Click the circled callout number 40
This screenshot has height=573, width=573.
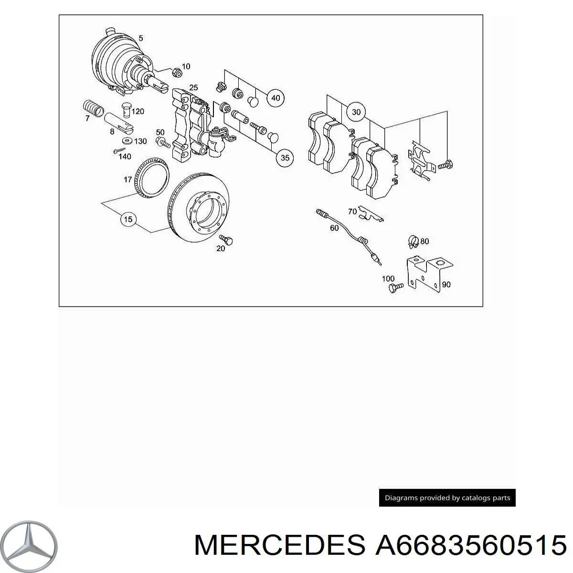pyautogui.click(x=276, y=98)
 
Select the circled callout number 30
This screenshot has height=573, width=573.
pyautogui.click(x=356, y=112)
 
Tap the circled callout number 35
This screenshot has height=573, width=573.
pyautogui.click(x=285, y=158)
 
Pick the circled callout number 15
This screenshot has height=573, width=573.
pyautogui.click(x=128, y=219)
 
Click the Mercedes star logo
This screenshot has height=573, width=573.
pyautogui.click(x=29, y=546)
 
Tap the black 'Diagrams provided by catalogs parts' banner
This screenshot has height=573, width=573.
pyautogui.click(x=447, y=498)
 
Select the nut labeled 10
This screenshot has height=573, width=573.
pyautogui.click(x=177, y=72)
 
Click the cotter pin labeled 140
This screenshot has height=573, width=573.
pyautogui.click(x=119, y=151)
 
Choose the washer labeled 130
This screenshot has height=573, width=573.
pyautogui.click(x=127, y=140)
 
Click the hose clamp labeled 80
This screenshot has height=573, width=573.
pyautogui.click(x=413, y=242)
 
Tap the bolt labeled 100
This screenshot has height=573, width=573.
pyautogui.click(x=396, y=287)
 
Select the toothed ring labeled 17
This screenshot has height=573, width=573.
pyautogui.click(x=152, y=177)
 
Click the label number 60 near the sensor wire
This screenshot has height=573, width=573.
pyautogui.click(x=334, y=228)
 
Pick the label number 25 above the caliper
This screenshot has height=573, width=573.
pyautogui.click(x=193, y=87)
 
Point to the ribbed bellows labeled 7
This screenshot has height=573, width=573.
pyautogui.click(x=93, y=108)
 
